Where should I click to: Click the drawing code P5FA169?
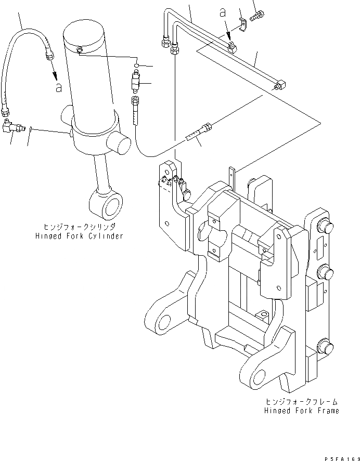pyautogui.click(x=338, y=457)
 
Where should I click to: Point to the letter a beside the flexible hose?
pyautogui.click(x=59, y=87)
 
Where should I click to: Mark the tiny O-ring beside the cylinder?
pyautogui.click(x=136, y=65)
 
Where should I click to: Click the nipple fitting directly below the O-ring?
pyautogui.click(x=136, y=82)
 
